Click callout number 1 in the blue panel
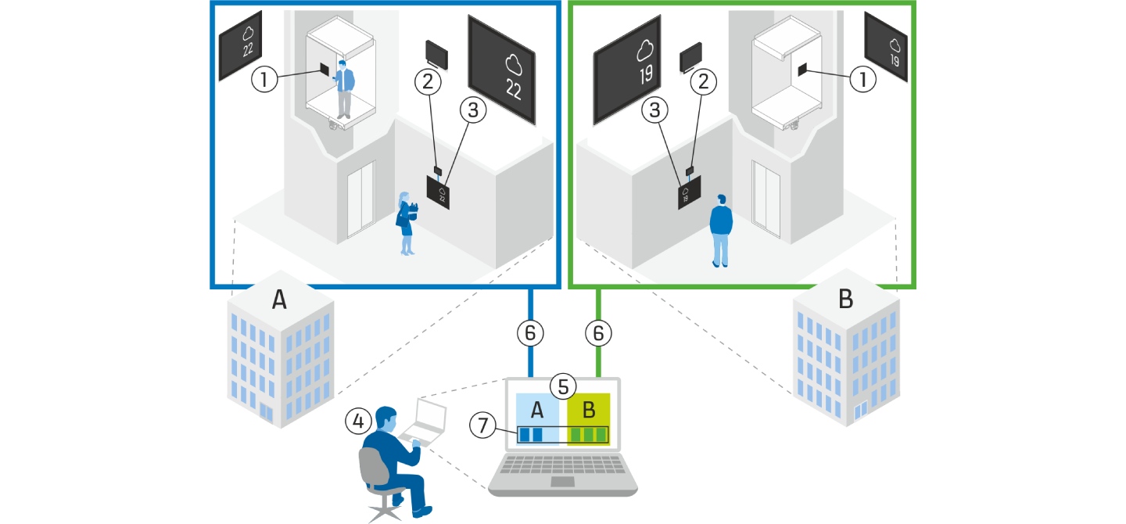tap(266, 79)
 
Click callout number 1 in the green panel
tap(862, 79)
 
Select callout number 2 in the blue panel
tap(429, 79)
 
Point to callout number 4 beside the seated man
tap(358, 422)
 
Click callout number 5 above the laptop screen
tap(563, 385)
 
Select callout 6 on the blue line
tap(530, 332)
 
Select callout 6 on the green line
tap(599, 332)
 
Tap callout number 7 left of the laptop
tap(482, 425)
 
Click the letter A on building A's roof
tap(278, 300)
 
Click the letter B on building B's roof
tap(844, 300)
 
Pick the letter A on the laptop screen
tap(537, 408)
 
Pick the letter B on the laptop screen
tap(589, 408)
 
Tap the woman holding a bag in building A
tap(407, 222)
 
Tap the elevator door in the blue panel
tap(360, 199)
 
